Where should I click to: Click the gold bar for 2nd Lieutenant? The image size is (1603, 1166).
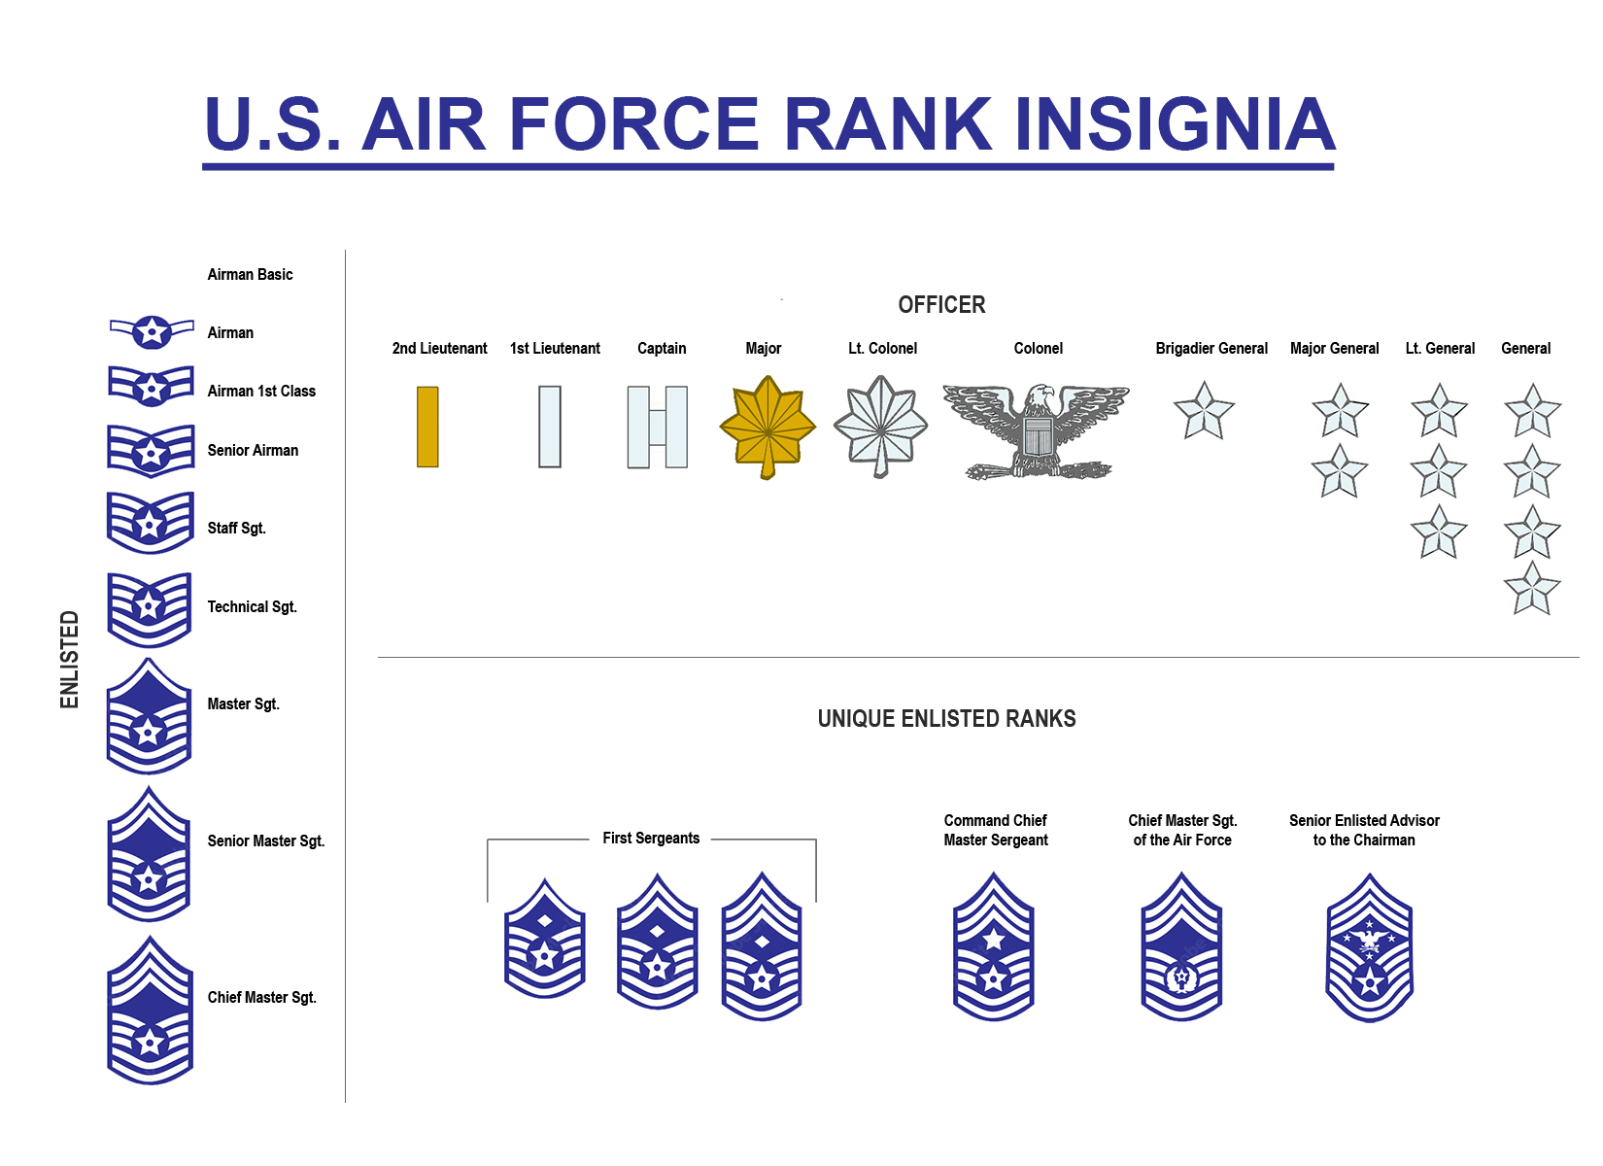pyautogui.click(x=427, y=428)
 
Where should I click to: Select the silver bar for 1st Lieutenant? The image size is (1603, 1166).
pyautogui.click(x=550, y=428)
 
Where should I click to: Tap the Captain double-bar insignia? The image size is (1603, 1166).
pyautogui.click(x=658, y=428)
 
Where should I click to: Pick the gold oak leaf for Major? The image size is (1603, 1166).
pyautogui.click(x=767, y=428)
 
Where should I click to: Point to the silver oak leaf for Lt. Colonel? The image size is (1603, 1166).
pyautogui.click(x=881, y=427)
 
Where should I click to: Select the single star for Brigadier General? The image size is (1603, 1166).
pyautogui.click(x=1205, y=411)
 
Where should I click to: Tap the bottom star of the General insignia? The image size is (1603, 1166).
pyautogui.click(x=1532, y=589)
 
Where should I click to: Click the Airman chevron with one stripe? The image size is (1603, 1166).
pyautogui.click(x=151, y=332)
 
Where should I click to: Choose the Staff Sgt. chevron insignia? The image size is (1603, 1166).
pyautogui.click(x=151, y=523)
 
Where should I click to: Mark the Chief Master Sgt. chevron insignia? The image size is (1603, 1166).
pyautogui.click(x=150, y=1011)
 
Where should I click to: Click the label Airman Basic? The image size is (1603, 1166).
pyautogui.click(x=250, y=275)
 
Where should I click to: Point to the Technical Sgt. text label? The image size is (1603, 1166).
pyautogui.click(x=252, y=607)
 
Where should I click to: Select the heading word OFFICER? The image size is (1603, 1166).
pyautogui.click(x=941, y=305)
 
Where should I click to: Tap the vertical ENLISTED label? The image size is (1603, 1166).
pyautogui.click(x=69, y=660)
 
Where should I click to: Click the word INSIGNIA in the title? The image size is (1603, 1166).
pyautogui.click(x=1175, y=124)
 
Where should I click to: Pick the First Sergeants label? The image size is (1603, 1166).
pyautogui.click(x=651, y=839)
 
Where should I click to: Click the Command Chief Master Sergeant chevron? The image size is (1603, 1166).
pyautogui.click(x=993, y=946)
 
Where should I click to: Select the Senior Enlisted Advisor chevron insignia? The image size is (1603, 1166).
pyautogui.click(x=1370, y=947)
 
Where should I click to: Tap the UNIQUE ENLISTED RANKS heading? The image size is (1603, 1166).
pyautogui.click(x=947, y=719)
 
